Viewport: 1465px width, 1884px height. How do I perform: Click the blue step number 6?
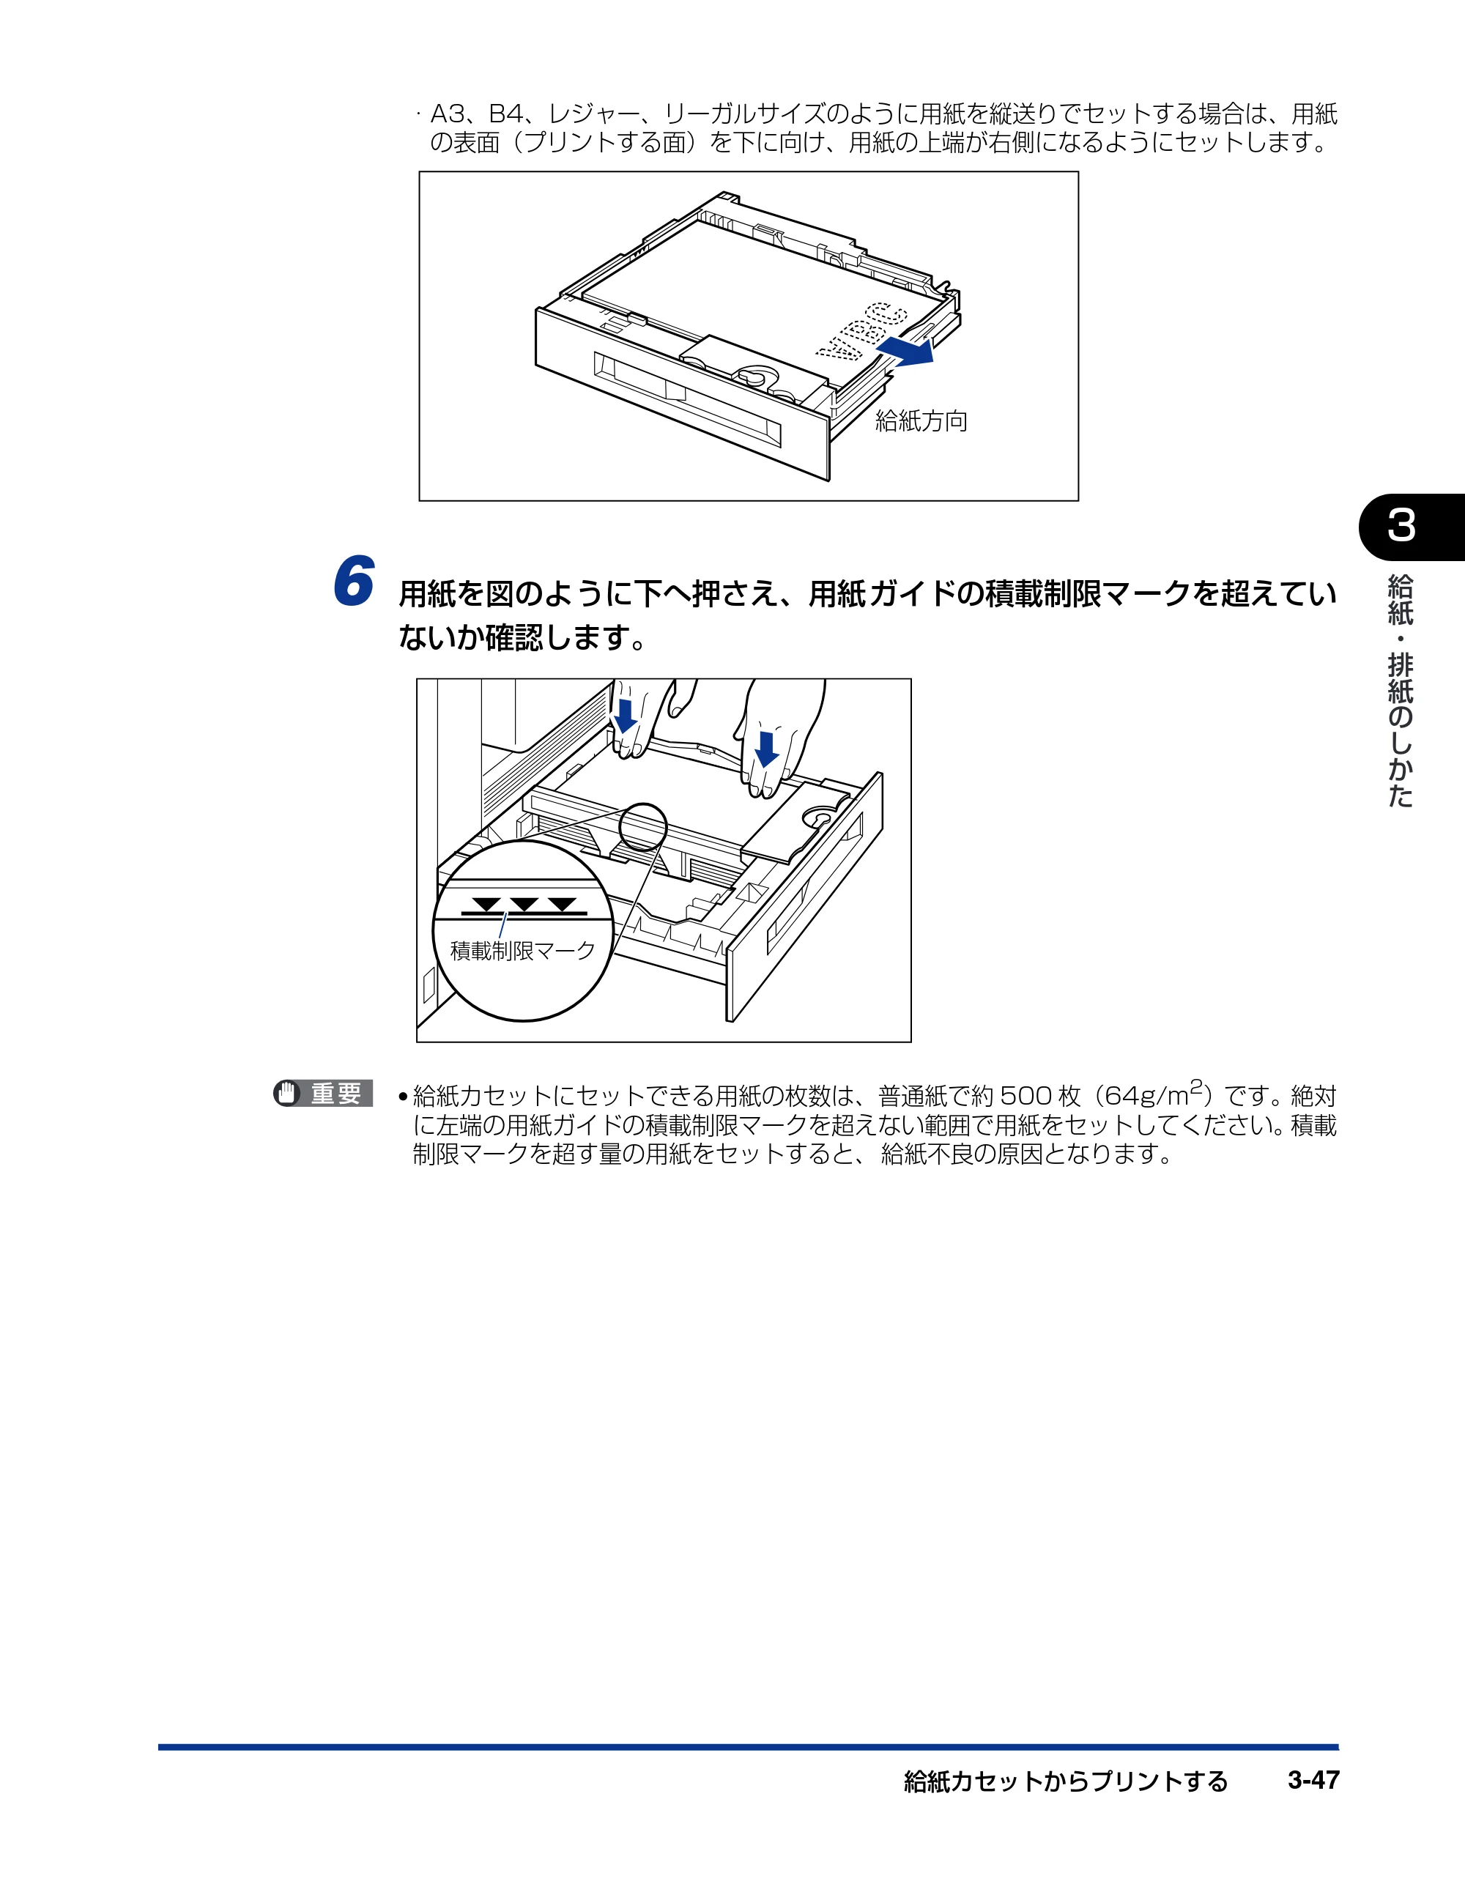click(354, 581)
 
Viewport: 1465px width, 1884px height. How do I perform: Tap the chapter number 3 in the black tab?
click(1401, 525)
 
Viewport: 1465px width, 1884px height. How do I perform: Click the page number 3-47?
click(1313, 1780)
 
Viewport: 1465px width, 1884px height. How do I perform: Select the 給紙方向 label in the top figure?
click(921, 421)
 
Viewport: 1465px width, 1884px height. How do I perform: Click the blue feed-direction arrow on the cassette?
click(905, 350)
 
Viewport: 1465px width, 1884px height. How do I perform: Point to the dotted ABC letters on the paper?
click(863, 331)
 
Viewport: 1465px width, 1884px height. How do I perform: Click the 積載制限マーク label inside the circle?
click(523, 951)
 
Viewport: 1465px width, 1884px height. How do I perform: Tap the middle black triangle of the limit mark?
click(524, 904)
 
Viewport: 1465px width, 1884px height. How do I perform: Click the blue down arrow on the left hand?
click(624, 715)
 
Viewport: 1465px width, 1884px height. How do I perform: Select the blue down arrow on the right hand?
click(765, 748)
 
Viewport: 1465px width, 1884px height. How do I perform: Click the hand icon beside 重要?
click(286, 1093)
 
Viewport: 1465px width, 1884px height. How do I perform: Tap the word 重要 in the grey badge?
click(335, 1093)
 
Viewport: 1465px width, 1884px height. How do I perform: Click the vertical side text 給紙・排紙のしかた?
click(1401, 690)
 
